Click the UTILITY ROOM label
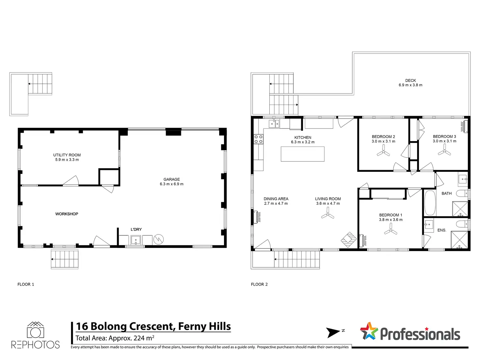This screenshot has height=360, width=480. [67, 155]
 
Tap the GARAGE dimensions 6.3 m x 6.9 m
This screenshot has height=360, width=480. [172, 184]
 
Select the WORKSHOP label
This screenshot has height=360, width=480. [67, 214]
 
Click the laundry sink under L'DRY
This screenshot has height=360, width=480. [136, 240]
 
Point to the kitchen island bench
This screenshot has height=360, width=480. [302, 154]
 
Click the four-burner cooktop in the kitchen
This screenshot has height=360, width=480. [258, 139]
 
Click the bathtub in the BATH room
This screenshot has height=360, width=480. [430, 203]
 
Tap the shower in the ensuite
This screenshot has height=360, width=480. [459, 240]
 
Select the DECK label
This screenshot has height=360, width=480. [411, 81]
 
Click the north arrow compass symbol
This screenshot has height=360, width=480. [333, 333]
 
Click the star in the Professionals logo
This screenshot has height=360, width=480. [369, 331]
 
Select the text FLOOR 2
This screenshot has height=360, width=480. [259, 284]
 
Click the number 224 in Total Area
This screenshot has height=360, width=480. [139, 338]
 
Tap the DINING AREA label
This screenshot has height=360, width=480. [276, 199]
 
